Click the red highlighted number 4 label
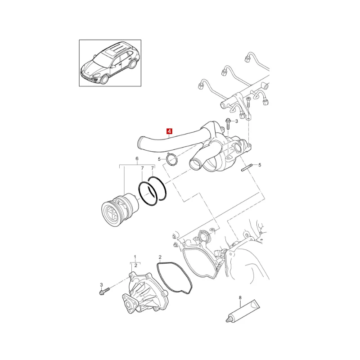point(170,131)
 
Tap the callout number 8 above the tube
point(240,298)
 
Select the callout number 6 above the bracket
point(137,158)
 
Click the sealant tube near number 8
point(243,311)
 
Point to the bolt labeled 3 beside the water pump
point(104,291)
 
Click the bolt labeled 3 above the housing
point(228,124)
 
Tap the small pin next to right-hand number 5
point(247,167)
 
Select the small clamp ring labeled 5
point(172,159)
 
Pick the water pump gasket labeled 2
point(175,278)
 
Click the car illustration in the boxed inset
point(110,63)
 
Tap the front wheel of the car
point(104,78)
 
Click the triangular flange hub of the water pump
point(130,303)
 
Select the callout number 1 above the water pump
point(135,257)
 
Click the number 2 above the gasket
point(160,257)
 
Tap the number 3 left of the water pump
point(101,285)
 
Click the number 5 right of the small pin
point(260,165)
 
